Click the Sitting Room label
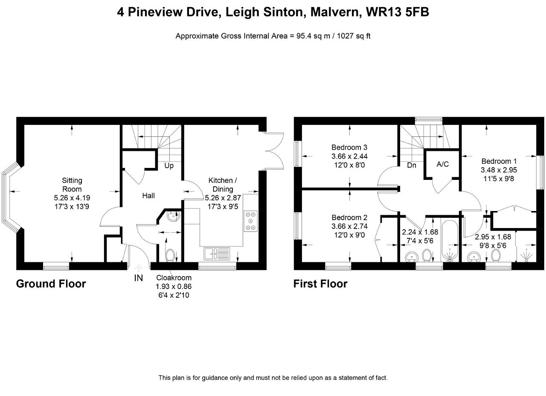(x=72, y=185)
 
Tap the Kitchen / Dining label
(x=223, y=185)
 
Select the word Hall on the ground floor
(x=148, y=196)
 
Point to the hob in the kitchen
(x=251, y=221)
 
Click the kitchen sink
(x=217, y=254)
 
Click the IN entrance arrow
(x=139, y=268)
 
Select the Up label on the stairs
(x=169, y=166)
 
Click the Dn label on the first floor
(x=412, y=165)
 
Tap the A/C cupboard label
(x=443, y=164)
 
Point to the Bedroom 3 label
(x=349, y=147)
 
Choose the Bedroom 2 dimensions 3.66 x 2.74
(x=349, y=226)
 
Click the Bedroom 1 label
(x=499, y=161)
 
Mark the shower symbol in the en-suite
(x=526, y=255)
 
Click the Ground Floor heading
(x=51, y=284)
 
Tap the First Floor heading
(x=320, y=284)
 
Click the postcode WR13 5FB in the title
(x=398, y=12)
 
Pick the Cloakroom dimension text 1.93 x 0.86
(x=174, y=286)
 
